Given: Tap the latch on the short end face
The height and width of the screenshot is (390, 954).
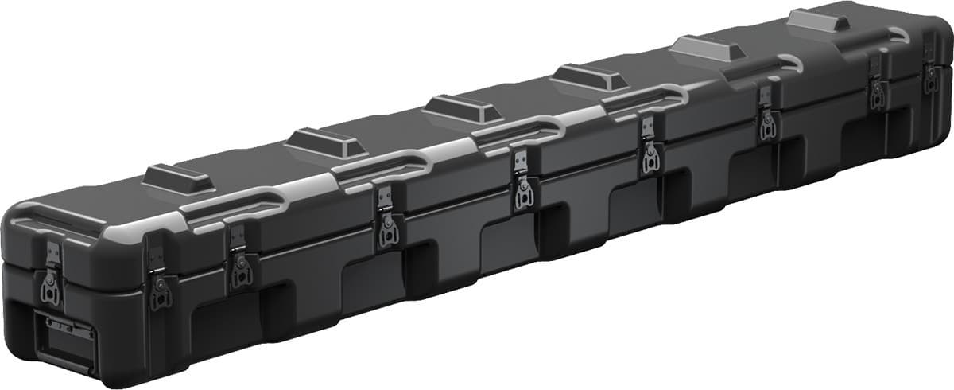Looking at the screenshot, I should point(50,275).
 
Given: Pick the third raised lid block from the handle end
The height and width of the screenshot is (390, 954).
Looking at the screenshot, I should point(462,108).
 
